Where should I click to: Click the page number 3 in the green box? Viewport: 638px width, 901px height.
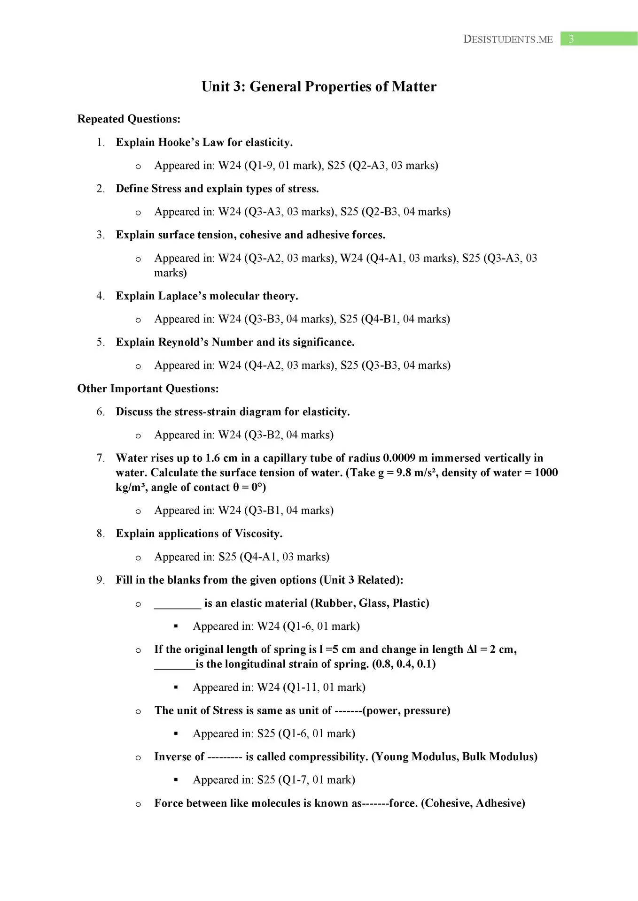(571, 39)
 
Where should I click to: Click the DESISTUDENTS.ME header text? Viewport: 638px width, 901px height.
(508, 39)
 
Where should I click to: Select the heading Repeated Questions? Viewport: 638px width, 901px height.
(129, 119)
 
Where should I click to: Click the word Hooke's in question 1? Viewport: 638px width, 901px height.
(179, 142)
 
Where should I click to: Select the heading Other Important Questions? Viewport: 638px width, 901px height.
(148, 389)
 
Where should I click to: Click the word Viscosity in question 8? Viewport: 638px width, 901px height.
(258, 534)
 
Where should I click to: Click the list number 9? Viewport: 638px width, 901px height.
(100, 580)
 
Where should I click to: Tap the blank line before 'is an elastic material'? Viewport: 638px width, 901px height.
(178, 605)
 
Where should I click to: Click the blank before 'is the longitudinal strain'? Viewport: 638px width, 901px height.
(174, 666)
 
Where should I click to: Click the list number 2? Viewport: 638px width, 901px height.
(100, 189)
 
